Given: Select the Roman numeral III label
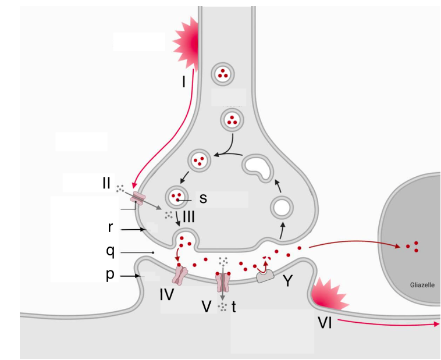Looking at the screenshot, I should [x=189, y=217].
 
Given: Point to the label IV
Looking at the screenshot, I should [x=168, y=294].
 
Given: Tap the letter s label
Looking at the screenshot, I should [x=203, y=198].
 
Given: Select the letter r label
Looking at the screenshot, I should [x=110, y=229].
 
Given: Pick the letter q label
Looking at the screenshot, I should [x=110, y=252].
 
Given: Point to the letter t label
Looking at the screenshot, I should [x=233, y=307].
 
